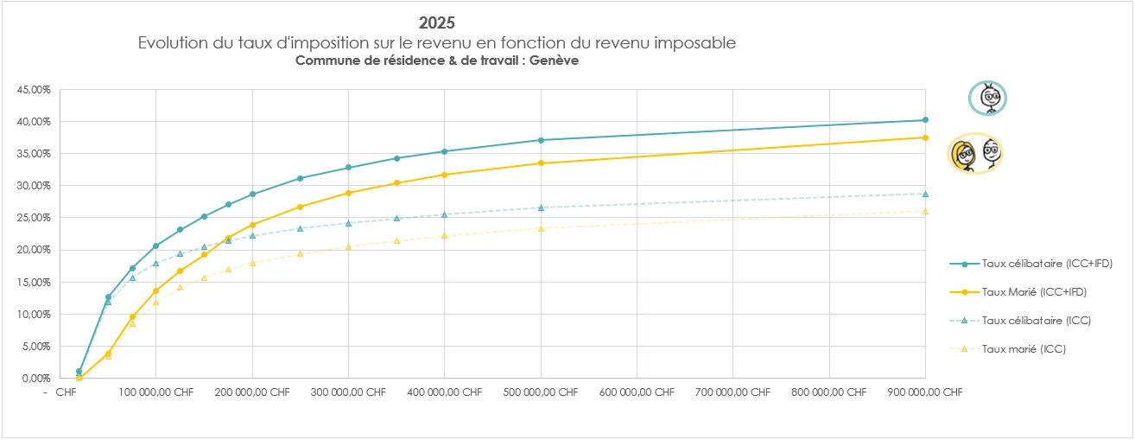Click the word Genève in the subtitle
556,61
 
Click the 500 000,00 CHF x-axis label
541,392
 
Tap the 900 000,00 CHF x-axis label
925,392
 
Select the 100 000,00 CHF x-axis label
156,392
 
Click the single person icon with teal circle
986,99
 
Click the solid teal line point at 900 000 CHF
925,120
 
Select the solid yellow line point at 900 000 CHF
925,137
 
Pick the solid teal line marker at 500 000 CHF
541,140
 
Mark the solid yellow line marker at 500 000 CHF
541,163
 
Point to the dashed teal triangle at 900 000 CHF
925,194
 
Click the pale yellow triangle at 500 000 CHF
541,228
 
